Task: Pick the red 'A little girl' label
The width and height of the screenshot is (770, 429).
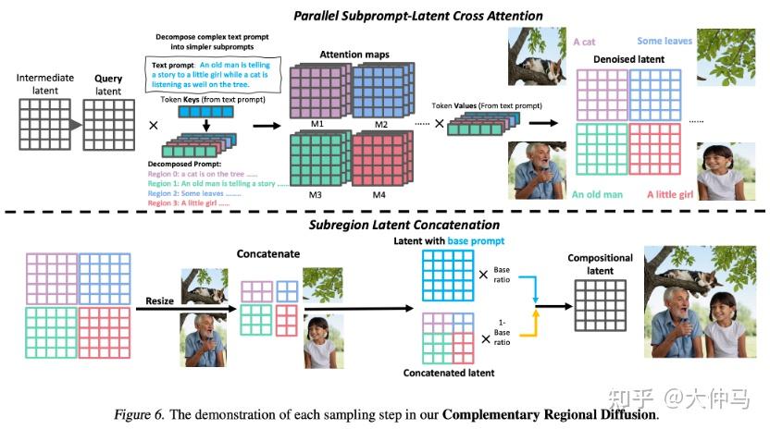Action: coord(671,194)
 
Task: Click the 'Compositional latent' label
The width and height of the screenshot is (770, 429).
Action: coord(600,264)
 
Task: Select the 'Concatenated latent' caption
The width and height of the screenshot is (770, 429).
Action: coord(449,374)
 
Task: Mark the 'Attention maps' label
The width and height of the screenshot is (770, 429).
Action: coord(355,54)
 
